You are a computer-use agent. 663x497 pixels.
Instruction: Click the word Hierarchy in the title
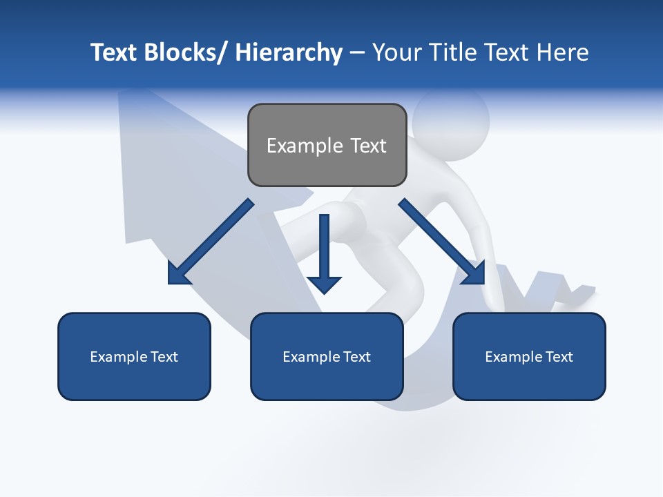(x=289, y=52)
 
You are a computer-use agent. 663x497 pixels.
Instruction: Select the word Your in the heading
(x=395, y=52)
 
